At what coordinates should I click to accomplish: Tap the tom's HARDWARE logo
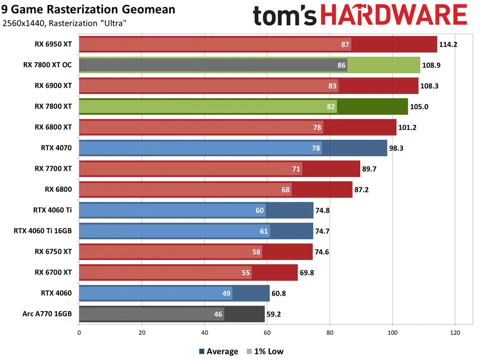[x=360, y=16]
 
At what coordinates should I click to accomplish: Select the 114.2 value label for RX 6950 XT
[x=448, y=45]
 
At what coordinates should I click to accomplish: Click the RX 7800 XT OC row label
[x=48, y=65]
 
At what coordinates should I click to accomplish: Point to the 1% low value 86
[x=341, y=65]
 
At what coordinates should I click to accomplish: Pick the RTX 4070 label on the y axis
[x=56, y=148]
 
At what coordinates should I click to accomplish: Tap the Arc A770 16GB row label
[x=47, y=314]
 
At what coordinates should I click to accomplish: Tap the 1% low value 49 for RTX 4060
[x=226, y=293]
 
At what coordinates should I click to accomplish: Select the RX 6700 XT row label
[x=53, y=272]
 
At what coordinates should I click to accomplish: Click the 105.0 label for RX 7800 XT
[x=419, y=107]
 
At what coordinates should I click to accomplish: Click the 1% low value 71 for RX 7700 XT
[x=296, y=169]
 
